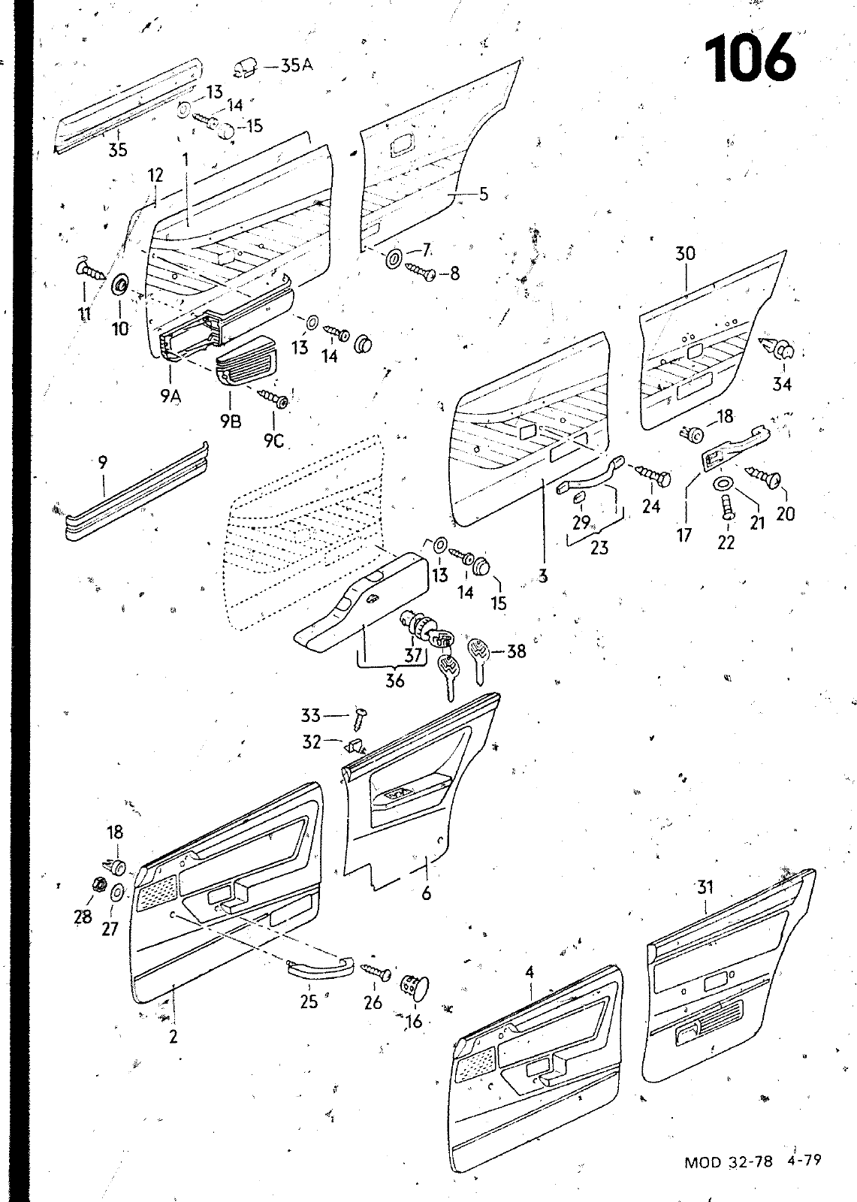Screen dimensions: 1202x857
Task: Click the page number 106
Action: point(749,58)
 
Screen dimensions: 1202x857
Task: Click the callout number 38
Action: point(516,651)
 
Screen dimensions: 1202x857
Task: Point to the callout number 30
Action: point(685,254)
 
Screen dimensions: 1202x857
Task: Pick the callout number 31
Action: point(704,887)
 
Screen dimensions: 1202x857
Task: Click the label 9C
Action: point(273,441)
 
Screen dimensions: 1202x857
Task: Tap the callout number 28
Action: point(83,917)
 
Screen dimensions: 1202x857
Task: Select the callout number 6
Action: point(427,894)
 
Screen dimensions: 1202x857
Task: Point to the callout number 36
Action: point(394,681)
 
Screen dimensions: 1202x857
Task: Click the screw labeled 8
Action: point(420,271)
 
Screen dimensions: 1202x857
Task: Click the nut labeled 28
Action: point(97,884)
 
